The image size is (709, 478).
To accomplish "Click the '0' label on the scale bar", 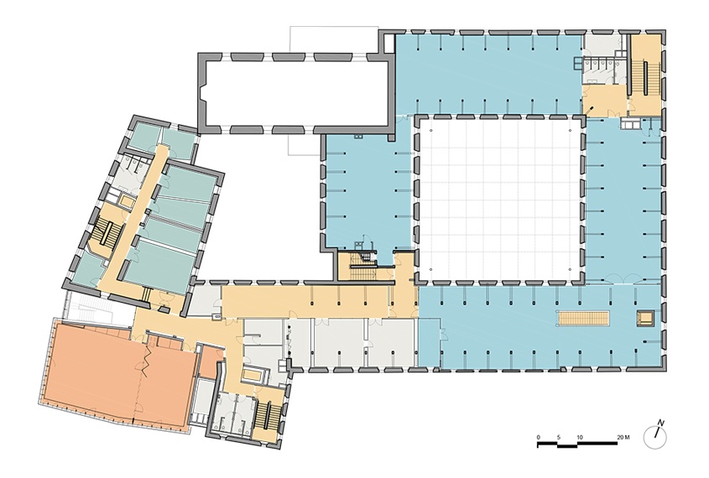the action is tap(538, 438).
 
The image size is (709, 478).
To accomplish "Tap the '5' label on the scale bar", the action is tap(559, 438).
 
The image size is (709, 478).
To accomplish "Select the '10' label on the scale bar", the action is tap(579, 438).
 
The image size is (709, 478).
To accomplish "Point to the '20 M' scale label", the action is tap(623, 438).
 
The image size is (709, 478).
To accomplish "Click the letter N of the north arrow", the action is tap(660, 423).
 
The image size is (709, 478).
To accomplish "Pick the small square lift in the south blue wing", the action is tap(644, 318).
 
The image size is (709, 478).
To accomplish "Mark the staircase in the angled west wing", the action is tap(105, 231).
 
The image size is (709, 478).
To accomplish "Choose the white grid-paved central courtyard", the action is tap(499, 199).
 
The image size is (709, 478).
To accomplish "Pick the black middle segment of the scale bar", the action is tap(567, 445).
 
